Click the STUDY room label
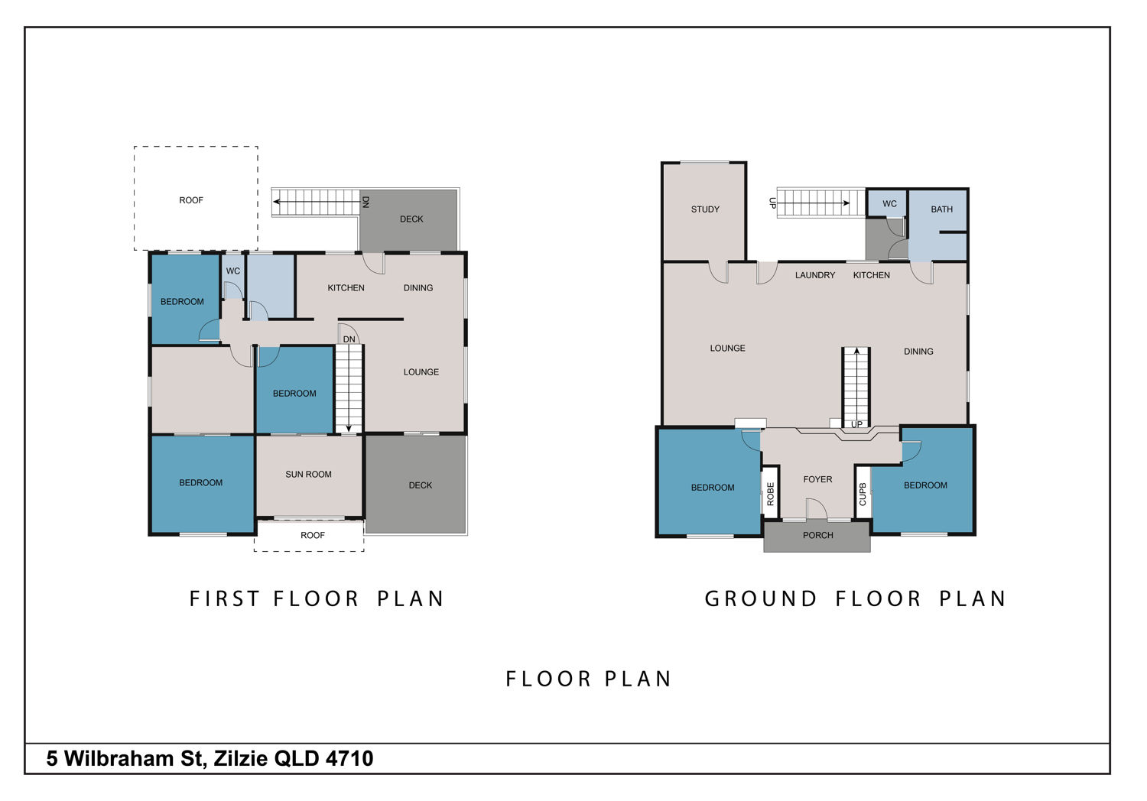pos(705,209)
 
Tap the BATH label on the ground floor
pos(941,209)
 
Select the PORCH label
pos(817,535)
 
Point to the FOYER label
pos(817,479)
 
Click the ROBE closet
pos(771,494)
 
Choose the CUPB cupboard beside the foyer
pos(863,494)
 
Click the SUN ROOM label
pos(308,475)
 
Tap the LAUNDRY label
pos(815,275)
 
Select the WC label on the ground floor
pos(889,204)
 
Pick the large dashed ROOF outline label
pos(191,201)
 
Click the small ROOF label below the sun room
pos(312,535)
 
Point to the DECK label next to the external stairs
pos(411,219)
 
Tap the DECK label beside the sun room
pos(421,485)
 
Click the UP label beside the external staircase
pos(772,203)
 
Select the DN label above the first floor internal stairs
pos(349,339)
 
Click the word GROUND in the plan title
pos(761,598)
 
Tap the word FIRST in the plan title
pos(224,598)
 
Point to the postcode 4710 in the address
pos(349,758)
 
